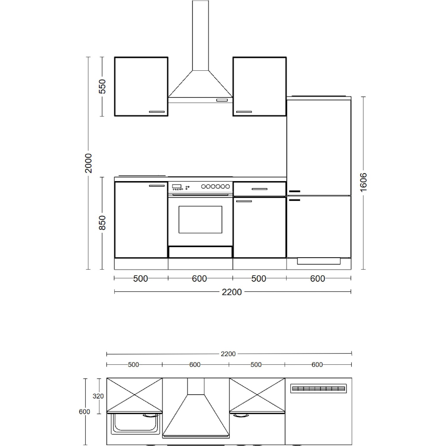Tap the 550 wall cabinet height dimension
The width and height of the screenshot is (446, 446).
point(102,86)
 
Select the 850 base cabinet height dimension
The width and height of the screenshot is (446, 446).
point(102,223)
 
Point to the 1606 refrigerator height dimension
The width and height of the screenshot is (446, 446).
point(363,182)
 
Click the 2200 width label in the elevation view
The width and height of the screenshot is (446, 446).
point(232,292)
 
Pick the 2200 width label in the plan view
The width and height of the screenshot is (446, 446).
point(228,354)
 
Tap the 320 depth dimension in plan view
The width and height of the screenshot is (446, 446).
point(98,396)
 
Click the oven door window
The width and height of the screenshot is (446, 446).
point(200,219)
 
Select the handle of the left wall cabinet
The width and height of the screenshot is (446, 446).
point(157,112)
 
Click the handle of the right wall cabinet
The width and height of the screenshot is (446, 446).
point(244,112)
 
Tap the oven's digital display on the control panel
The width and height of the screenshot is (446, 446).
point(177,186)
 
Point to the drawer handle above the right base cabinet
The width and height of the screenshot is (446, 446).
point(260,189)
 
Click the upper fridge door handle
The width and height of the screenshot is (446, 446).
point(294,191)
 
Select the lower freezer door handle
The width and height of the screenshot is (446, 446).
point(294,200)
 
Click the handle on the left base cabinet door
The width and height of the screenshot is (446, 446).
point(157,186)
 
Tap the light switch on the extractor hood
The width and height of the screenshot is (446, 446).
point(221,100)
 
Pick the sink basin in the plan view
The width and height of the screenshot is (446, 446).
point(134,423)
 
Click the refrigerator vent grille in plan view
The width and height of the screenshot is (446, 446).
point(318,388)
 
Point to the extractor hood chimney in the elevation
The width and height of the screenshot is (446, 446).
point(200,36)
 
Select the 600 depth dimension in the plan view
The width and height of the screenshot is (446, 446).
point(84,412)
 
